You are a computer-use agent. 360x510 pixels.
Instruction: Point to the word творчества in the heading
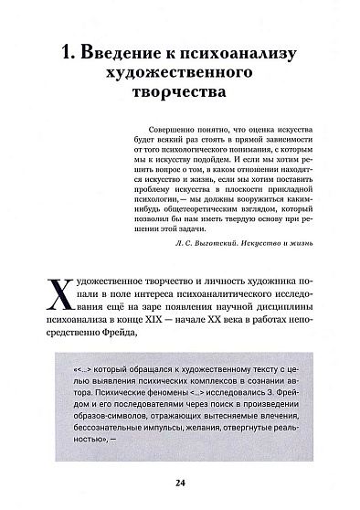[179, 95]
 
